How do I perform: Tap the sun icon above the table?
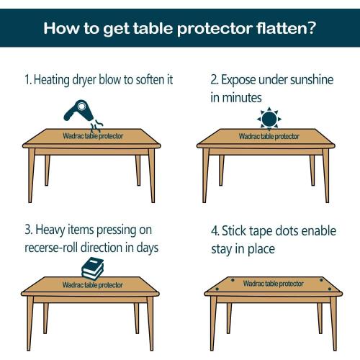tap(269, 118)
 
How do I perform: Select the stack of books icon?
tap(94, 269)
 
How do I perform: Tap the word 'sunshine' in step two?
tap(313, 78)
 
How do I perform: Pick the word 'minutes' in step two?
tap(240, 96)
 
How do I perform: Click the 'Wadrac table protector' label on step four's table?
tap(272, 283)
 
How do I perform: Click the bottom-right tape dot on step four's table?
tap(329, 292)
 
